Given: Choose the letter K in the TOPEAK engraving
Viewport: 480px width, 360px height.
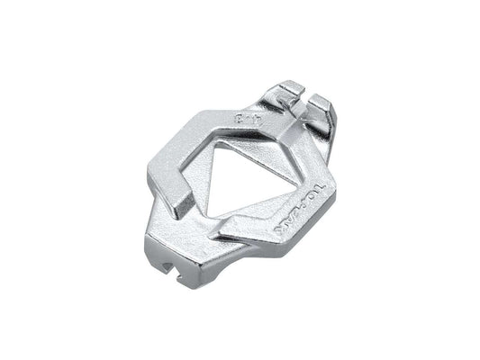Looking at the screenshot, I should [280, 233].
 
